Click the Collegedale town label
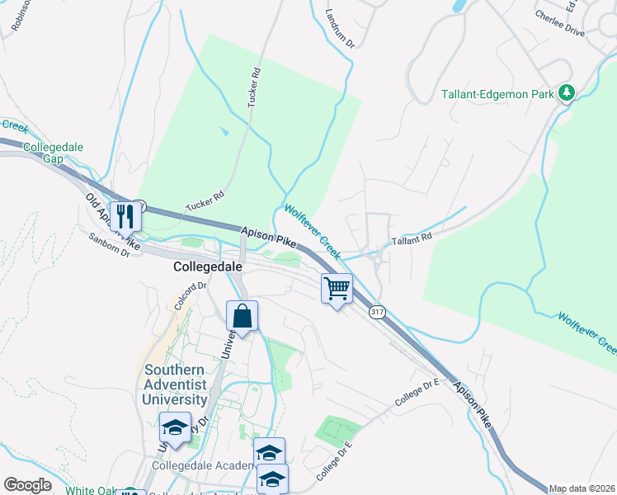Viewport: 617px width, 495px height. (207, 267)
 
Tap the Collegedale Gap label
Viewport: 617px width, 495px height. (43, 153)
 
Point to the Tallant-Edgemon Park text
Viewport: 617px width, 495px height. (497, 94)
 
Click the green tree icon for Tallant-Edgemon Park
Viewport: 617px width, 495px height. (567, 92)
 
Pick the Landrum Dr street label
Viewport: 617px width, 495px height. (339, 28)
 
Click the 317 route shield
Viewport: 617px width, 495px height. (377, 312)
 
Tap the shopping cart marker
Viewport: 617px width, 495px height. (337, 290)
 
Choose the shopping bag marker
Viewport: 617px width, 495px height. (243, 317)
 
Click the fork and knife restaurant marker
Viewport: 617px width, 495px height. (125, 217)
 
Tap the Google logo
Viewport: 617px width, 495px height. (28, 485)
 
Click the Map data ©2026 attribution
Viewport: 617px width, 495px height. (582, 488)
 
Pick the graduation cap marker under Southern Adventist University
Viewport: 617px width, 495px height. (175, 427)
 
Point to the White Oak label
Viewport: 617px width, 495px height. (91, 490)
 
